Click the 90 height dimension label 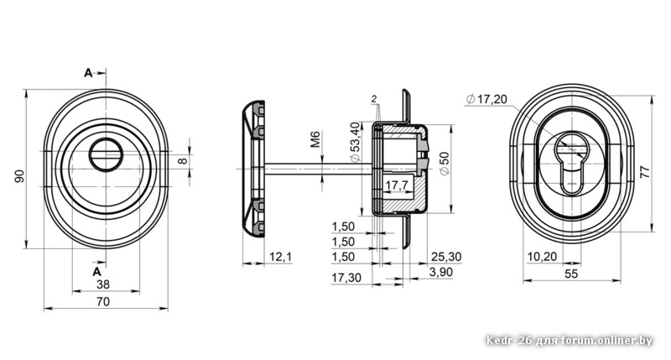pos(19,176)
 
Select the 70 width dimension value pos(102,302)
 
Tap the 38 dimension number pos(102,284)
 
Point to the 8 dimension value pos(182,161)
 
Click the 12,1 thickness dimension pos(280,257)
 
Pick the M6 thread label pos(315,139)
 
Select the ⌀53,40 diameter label pos(355,143)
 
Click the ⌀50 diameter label pos(445,163)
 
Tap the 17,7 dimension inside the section pos(396,185)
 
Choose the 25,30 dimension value pos(446,257)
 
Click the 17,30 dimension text pos(346,278)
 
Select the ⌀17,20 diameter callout pos(486,99)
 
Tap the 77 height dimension pos(644,172)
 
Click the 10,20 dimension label pos(542,257)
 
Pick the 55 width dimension pos(571,274)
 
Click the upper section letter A pos(88,73)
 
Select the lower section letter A pos(97,271)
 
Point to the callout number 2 pos(373,99)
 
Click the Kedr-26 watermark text pos(570,341)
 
